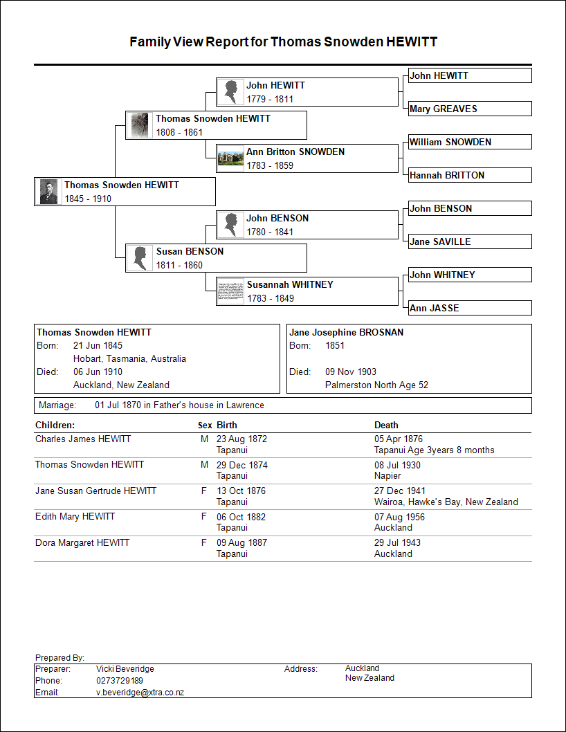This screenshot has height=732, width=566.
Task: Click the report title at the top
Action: tap(283, 42)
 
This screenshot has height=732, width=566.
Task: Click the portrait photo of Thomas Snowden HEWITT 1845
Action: tap(48, 192)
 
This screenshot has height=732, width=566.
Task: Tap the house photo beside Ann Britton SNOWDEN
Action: tap(230, 158)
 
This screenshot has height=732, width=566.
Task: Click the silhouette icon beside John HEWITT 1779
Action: tap(230, 92)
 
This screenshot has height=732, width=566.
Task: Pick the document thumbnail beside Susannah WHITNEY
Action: tap(230, 291)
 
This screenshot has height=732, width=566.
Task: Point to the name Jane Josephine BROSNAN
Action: tap(346, 332)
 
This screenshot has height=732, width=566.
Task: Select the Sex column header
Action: tap(205, 425)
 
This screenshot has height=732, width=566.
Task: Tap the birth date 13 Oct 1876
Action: tap(241, 491)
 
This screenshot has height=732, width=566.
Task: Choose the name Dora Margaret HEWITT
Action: tap(82, 543)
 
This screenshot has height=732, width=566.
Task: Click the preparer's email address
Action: tap(140, 692)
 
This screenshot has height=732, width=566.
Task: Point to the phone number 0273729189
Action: tap(120, 681)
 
